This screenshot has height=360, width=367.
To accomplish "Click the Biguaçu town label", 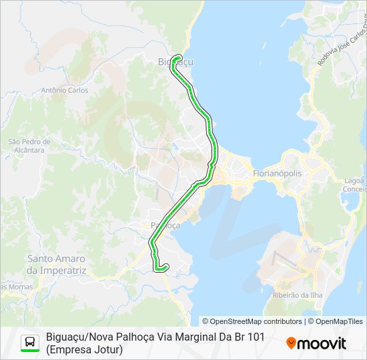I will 175,62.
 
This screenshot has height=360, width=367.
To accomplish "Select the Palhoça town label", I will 165,225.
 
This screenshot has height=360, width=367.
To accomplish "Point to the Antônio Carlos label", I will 65,90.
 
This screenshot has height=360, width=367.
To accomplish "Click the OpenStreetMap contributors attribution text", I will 252,321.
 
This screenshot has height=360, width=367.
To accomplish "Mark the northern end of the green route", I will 175,57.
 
